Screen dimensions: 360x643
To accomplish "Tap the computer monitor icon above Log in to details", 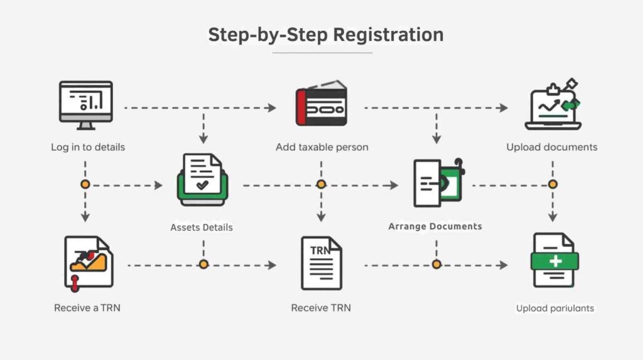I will click(85, 104).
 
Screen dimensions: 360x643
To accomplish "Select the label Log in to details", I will click(88, 147).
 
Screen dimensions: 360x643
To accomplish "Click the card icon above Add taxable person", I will click(321, 104).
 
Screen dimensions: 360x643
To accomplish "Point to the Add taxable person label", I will click(321, 147).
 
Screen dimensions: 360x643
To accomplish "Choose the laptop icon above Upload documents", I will click(552, 106).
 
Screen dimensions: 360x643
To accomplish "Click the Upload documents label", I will click(552, 147).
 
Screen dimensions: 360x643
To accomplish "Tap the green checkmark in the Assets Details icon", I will click(202, 185).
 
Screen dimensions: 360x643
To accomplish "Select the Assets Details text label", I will click(202, 227).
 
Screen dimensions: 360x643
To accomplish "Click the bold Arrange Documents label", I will click(435, 226).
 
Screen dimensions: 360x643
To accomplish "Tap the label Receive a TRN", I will click(87, 308).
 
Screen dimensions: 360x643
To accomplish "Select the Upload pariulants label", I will click(555, 308).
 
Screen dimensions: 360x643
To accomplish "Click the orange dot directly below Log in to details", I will click(85, 185).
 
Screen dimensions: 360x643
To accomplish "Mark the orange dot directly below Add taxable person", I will click(321, 185).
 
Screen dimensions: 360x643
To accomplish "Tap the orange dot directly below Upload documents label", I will click(553, 185).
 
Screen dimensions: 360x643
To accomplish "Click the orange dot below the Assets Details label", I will click(203, 265).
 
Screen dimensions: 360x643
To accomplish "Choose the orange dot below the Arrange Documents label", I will click(436, 265).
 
